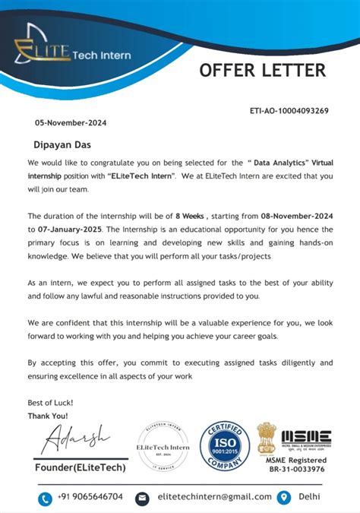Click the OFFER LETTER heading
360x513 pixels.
(x=262, y=71)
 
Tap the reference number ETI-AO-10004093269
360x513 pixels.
(x=289, y=111)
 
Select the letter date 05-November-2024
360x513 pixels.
(x=71, y=122)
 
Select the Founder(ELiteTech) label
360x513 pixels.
(x=81, y=467)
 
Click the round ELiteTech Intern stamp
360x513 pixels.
(x=163, y=448)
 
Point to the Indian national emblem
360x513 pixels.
(x=268, y=438)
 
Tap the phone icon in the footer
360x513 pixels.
(x=44, y=497)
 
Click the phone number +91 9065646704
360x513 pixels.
(x=90, y=497)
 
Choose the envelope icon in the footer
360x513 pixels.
(x=141, y=497)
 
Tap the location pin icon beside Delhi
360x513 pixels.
(x=284, y=497)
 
